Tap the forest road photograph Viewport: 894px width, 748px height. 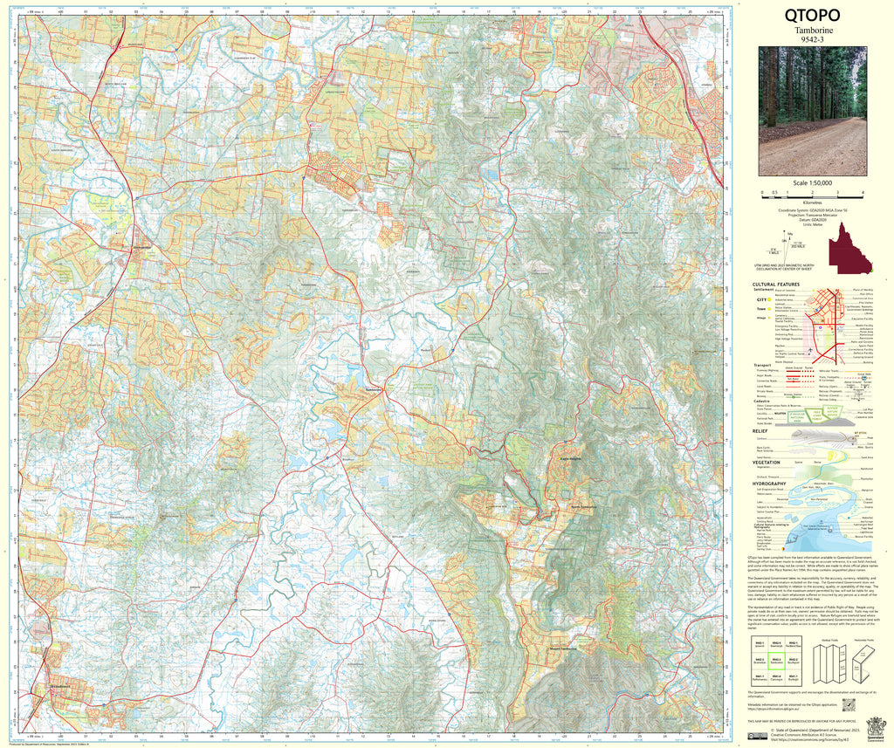pyautogui.click(x=813, y=96)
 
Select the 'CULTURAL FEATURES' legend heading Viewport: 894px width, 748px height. pyautogui.click(x=776, y=284)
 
